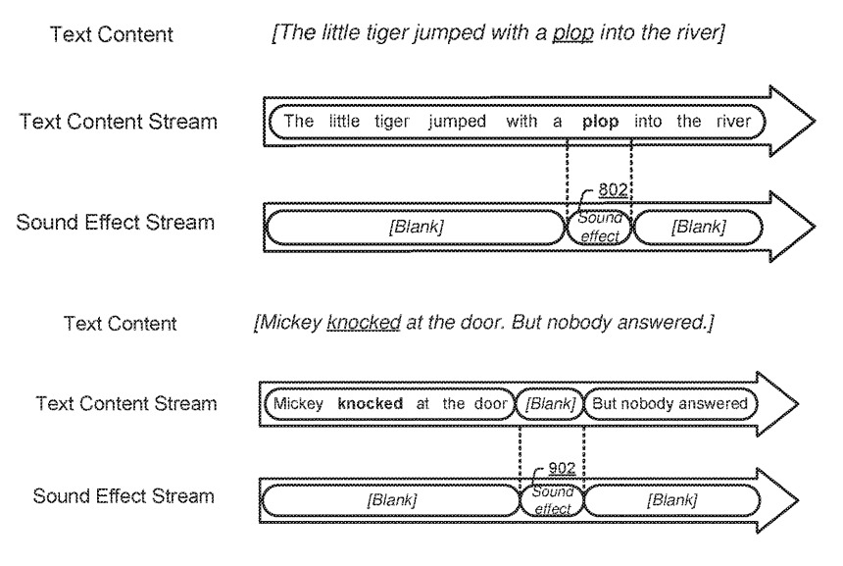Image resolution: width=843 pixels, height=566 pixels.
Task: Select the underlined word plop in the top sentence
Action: point(573,35)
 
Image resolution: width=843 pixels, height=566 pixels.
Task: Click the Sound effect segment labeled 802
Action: point(599,228)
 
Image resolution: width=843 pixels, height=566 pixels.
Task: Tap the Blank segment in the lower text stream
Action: point(550,403)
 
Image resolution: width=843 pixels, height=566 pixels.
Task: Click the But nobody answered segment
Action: point(669,403)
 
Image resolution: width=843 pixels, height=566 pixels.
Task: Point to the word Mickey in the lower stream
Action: point(296,403)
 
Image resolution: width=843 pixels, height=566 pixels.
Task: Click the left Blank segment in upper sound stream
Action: point(415,228)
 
